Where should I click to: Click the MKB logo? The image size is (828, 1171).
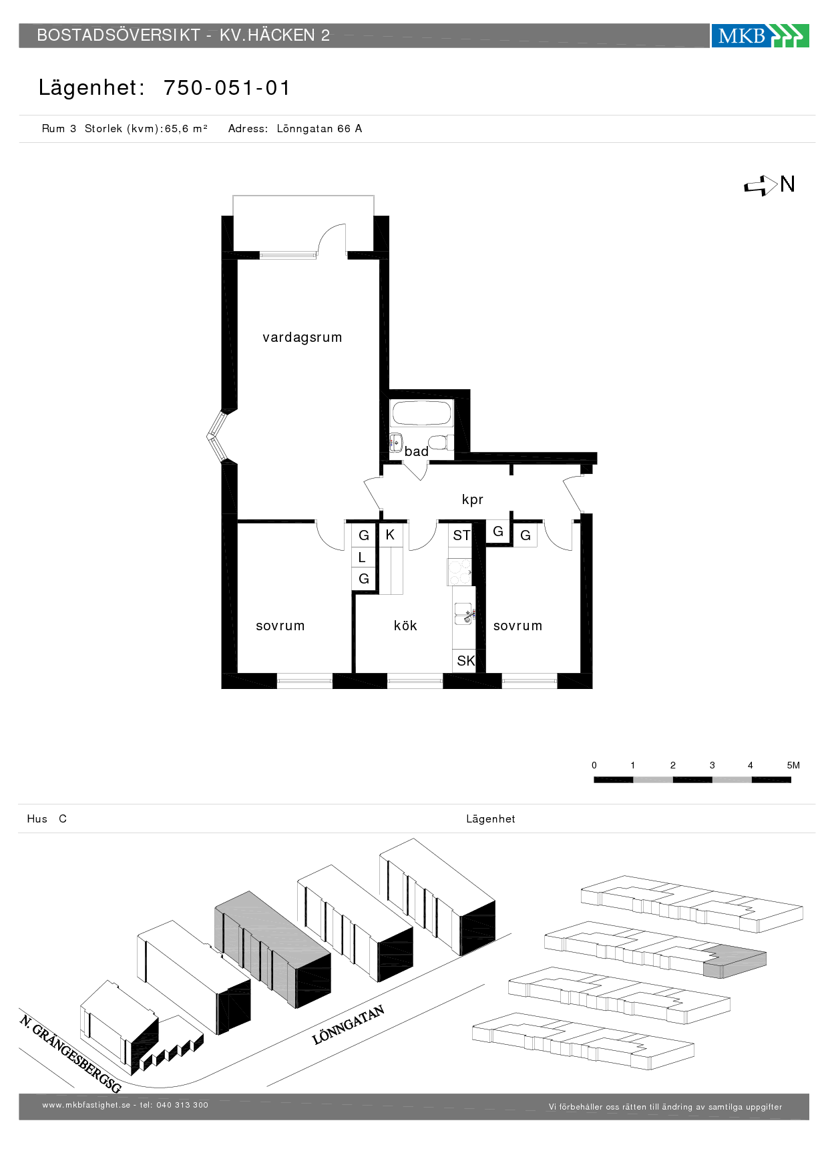click(760, 35)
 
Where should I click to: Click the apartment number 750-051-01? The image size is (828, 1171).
click(227, 87)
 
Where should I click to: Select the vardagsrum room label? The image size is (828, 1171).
click(302, 337)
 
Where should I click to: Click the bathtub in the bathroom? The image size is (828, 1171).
click(422, 413)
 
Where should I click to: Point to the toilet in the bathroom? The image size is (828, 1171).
click(440, 443)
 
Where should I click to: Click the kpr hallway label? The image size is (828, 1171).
click(472, 499)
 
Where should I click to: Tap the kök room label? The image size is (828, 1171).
click(405, 626)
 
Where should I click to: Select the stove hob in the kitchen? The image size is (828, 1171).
click(460, 571)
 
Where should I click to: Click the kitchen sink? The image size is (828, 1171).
click(463, 614)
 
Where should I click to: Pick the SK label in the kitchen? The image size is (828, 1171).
click(465, 661)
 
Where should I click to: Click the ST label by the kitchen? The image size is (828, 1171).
click(461, 535)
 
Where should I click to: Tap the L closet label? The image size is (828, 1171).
click(362, 557)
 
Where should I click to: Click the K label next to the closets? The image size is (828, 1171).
click(390, 535)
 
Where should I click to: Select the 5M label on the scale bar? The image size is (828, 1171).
click(793, 765)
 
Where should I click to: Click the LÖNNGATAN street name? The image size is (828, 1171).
click(348, 1025)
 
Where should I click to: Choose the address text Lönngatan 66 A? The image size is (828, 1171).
click(319, 129)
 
